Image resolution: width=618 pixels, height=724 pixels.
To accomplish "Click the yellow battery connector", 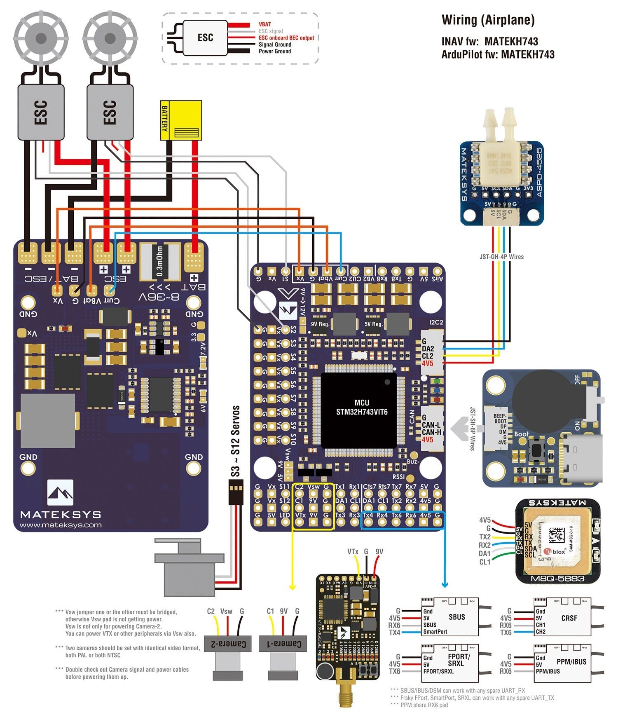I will [181, 120].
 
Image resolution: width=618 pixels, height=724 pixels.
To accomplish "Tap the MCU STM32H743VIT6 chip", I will [358, 410].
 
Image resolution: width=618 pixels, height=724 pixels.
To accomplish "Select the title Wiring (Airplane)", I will [488, 20].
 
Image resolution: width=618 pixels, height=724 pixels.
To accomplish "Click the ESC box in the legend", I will [205, 37].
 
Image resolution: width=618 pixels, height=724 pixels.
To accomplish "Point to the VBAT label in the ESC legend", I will [265, 24].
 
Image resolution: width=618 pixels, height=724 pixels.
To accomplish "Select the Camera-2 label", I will [228, 643].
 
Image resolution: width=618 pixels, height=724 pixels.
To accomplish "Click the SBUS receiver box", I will [449, 617].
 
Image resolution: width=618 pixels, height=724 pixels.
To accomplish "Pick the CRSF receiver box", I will [562, 617].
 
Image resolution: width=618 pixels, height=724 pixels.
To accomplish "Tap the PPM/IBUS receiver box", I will [562, 663].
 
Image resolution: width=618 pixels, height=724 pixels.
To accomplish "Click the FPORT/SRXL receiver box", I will [449, 663].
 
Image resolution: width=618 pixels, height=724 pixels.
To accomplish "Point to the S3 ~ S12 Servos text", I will [235, 441].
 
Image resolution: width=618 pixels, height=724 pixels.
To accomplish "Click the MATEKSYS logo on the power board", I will [61, 493].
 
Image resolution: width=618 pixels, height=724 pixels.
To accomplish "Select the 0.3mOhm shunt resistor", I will [160, 261].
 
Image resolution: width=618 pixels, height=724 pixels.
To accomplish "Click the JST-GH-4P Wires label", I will [501, 256].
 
